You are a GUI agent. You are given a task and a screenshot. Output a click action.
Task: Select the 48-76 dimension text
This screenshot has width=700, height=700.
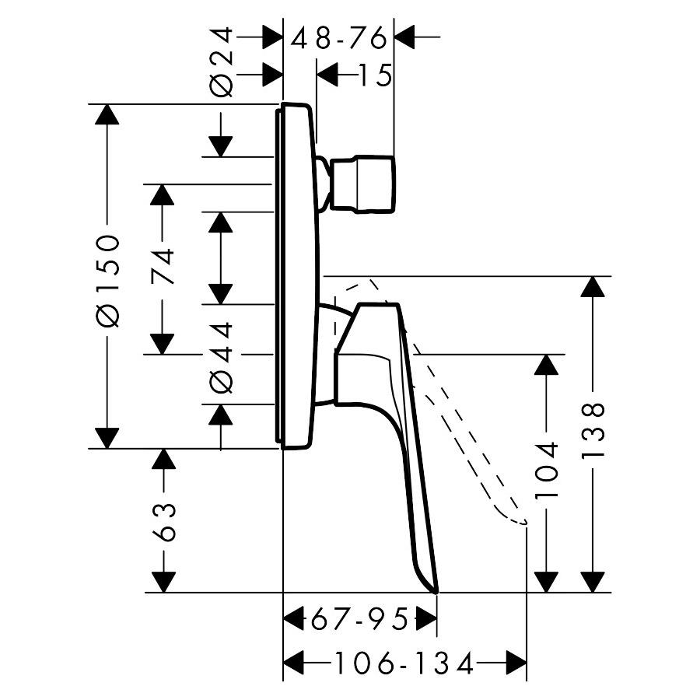[x=338, y=37]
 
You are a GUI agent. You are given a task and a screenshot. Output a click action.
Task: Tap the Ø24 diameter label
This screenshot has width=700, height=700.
[x=222, y=62]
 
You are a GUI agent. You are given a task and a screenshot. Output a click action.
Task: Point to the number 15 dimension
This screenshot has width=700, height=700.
[x=375, y=75]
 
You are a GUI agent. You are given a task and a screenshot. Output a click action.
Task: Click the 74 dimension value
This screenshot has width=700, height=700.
[x=162, y=267]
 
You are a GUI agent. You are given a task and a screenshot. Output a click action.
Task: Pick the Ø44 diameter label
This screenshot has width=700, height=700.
[x=222, y=358]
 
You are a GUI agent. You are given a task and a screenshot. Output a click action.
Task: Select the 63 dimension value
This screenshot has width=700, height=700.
[x=163, y=523]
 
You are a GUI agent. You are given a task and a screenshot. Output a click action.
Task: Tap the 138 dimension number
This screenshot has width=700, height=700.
[x=593, y=429]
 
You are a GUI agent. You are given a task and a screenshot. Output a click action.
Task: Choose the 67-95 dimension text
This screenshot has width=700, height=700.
[x=359, y=619]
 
